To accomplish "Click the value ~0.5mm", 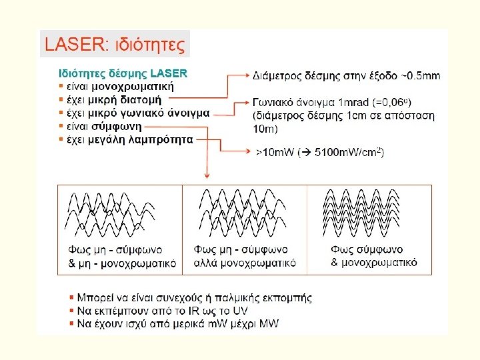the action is click(x=420, y=75).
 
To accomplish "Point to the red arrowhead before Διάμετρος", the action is click(x=245, y=75).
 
